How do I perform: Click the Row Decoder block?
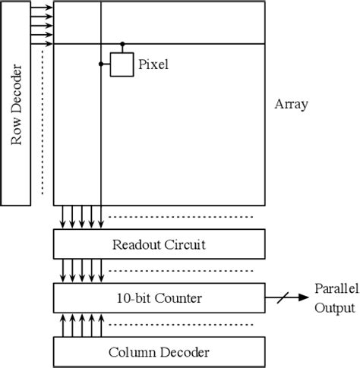pyautogui.click(x=16, y=105)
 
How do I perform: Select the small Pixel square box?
pyautogui.click(x=122, y=64)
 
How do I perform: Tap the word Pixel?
pyautogui.click(x=153, y=65)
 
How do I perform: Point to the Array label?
pyautogui.click(x=291, y=105)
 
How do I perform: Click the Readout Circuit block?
pyautogui.click(x=159, y=244)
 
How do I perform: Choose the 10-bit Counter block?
pyautogui.click(x=159, y=298)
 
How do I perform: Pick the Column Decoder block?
pyautogui.click(x=159, y=352)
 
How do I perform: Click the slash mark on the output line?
pyautogui.click(x=282, y=298)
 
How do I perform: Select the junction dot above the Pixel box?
pyautogui.click(x=122, y=44)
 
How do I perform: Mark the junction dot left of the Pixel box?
pyautogui.click(x=100, y=64)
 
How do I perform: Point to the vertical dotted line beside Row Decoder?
pyautogui.click(x=42, y=121)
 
